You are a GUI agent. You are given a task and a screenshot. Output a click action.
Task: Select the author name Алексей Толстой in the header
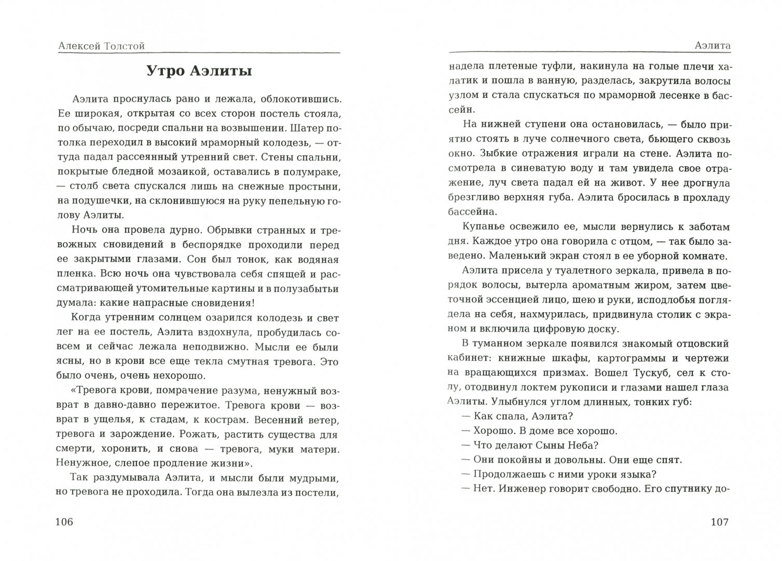(102, 46)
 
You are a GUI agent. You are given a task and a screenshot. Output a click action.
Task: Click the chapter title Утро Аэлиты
(199, 71)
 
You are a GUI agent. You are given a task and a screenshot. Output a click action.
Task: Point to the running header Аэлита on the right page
(712, 46)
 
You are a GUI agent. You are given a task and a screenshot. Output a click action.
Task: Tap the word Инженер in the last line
(522, 489)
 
